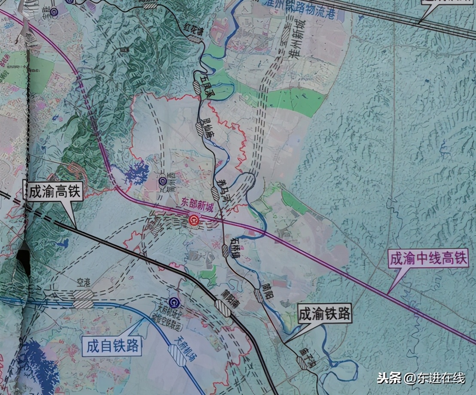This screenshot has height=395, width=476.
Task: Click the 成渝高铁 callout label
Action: [54, 191]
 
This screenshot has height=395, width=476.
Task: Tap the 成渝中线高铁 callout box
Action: [428, 259]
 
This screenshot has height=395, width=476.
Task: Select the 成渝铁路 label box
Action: [325, 314]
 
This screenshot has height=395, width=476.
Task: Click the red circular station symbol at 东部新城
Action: [194, 221]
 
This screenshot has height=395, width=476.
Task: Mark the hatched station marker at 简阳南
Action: [223, 308]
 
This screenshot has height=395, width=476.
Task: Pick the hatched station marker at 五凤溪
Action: [197, 87]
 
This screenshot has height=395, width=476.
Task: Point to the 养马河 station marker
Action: [215, 193]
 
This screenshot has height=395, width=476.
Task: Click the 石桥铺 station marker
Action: [226, 251]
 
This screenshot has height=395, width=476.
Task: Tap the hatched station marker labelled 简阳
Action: [259, 295]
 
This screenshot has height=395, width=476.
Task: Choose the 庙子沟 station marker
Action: [302, 363]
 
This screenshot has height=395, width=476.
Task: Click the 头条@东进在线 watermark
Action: [421, 378]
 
